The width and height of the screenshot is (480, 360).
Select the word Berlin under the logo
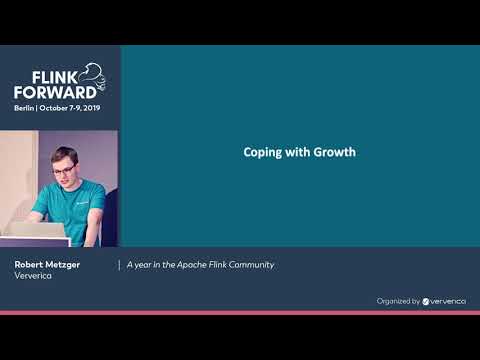24,106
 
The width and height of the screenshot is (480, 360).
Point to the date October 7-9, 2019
70,106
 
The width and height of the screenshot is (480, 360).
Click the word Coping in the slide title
262,153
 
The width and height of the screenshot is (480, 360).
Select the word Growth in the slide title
334,153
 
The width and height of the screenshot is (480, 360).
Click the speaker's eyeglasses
62,171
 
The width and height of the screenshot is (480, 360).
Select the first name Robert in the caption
29,264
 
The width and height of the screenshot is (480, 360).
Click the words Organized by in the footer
398,300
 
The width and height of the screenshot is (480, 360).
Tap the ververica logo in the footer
444,300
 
